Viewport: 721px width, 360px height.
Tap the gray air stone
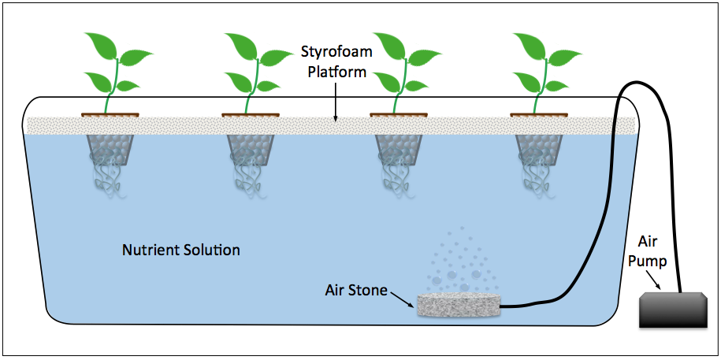(x=458, y=306)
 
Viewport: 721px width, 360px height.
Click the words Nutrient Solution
(x=181, y=251)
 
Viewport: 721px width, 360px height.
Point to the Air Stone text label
(x=356, y=289)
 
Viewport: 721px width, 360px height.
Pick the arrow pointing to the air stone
(x=403, y=297)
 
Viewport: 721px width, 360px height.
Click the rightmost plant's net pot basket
(x=539, y=150)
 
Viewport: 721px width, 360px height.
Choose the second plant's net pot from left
(x=251, y=150)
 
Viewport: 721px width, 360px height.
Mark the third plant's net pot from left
(x=398, y=150)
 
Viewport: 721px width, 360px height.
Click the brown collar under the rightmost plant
(x=539, y=115)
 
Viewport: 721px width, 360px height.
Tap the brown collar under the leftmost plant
(x=110, y=115)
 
